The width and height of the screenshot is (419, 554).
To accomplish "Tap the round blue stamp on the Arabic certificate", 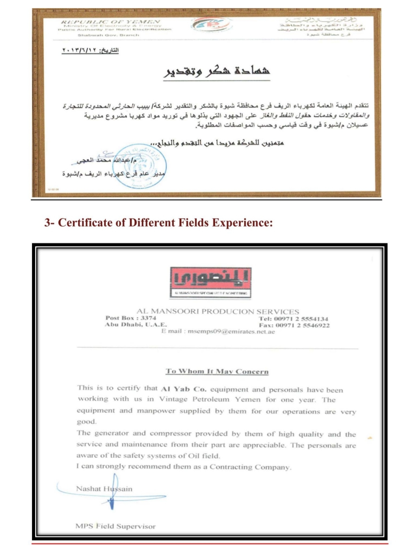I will (x=139, y=166).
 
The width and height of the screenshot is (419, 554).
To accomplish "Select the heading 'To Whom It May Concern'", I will (x=217, y=371).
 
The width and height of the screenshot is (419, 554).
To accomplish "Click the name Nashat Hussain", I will (x=104, y=489).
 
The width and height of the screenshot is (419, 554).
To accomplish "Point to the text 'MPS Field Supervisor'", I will (x=115, y=526).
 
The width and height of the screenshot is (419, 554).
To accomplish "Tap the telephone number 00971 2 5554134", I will (x=302, y=319).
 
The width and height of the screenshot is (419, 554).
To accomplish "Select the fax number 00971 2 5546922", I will (x=303, y=325).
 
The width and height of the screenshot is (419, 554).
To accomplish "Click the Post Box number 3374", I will (x=148, y=318).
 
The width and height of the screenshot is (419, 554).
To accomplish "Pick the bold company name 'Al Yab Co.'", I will (x=184, y=389).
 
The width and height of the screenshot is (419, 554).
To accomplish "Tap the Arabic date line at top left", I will (x=90, y=50).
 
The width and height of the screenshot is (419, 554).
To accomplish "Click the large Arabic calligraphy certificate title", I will (x=216, y=72).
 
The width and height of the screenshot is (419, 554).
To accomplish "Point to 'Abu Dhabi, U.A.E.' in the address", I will (x=136, y=325).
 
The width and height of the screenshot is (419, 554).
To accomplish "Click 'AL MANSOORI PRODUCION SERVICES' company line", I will (x=218, y=312).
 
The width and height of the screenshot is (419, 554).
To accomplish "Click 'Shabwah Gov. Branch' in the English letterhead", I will (x=109, y=35).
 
